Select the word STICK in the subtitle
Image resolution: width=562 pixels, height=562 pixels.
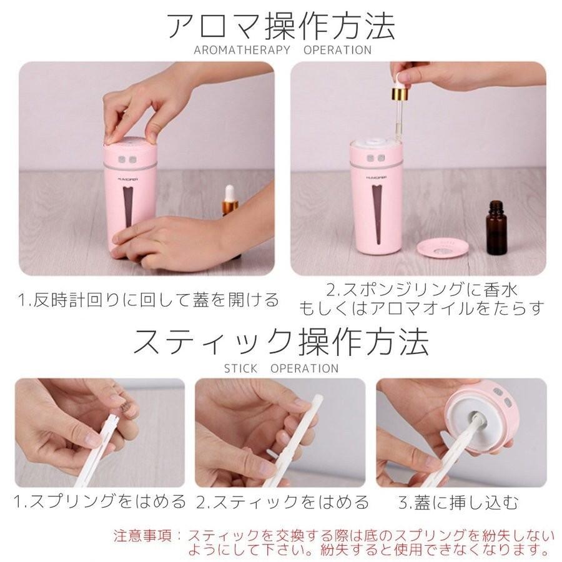[240, 368]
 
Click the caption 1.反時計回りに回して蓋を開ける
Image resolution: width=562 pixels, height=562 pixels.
[148, 300]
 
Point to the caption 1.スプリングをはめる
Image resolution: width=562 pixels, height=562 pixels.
[101, 501]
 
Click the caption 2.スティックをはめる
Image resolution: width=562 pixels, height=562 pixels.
[282, 501]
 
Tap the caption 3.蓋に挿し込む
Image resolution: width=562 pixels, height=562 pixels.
[460, 501]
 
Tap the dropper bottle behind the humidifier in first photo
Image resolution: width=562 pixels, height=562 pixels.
[229, 201]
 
